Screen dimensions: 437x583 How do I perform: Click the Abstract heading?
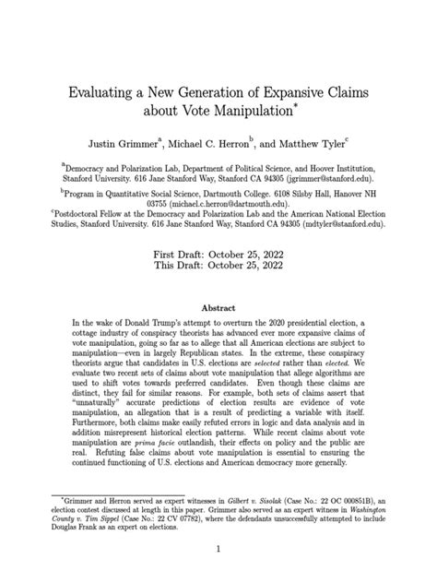click(x=218, y=309)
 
